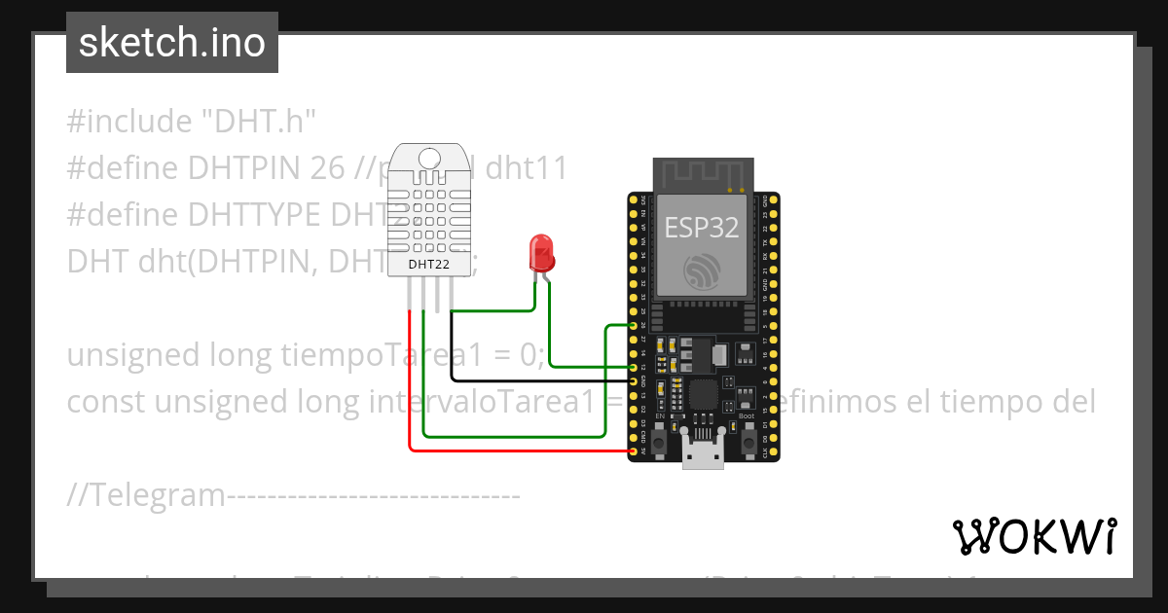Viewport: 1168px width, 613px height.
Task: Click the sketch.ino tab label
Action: (171, 43)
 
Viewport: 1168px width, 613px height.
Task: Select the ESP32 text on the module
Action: (701, 228)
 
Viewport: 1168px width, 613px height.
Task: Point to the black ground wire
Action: (526, 380)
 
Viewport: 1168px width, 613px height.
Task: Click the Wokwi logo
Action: (1035, 536)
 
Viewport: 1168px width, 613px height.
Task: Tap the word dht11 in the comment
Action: (526, 168)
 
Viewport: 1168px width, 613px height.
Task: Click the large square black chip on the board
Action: (704, 394)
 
